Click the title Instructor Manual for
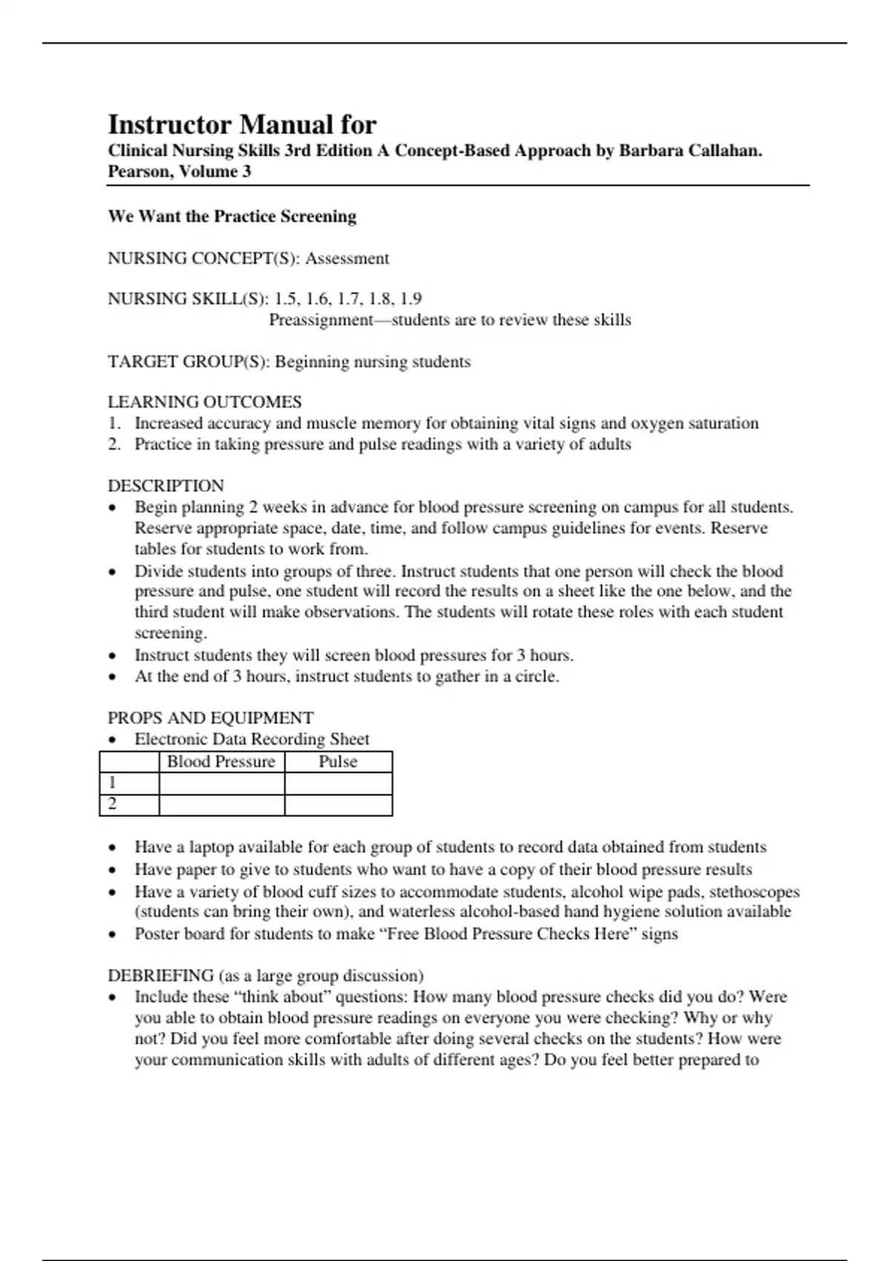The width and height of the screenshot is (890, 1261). coord(242,124)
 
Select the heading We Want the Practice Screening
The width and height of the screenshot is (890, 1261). coord(232,217)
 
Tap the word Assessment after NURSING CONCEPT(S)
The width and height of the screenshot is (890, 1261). coord(347,259)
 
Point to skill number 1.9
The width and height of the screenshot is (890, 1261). coord(410,299)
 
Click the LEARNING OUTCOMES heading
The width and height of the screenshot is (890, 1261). coord(205,402)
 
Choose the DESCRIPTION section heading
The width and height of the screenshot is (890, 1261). coord(165,486)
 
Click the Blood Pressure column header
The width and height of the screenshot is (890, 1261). coord(221,762)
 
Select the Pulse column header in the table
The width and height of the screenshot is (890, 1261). coord(338,762)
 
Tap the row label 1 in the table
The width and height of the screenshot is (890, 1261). coord(113,783)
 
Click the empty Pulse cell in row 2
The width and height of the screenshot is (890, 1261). coord(338,805)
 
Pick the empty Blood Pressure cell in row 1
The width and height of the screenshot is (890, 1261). coord(221,783)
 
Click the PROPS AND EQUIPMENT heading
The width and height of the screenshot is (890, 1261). coord(211,718)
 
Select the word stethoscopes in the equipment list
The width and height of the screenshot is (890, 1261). coord(754,892)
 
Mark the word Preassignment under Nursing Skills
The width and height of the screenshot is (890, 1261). coord(320,320)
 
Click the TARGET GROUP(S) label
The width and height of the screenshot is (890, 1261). coord(189,362)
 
